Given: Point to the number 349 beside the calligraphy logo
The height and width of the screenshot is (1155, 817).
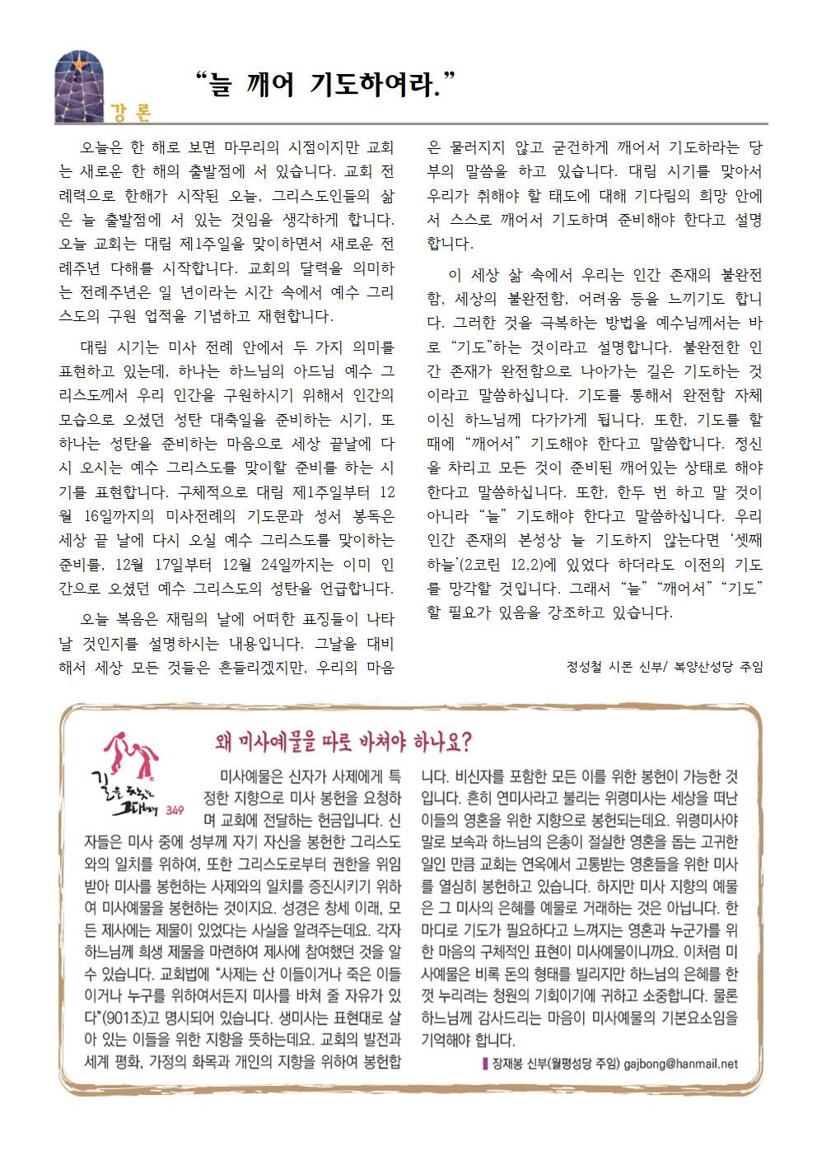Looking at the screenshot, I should [x=174, y=810].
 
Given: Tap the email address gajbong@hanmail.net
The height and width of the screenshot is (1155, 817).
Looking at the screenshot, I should [x=681, y=1063].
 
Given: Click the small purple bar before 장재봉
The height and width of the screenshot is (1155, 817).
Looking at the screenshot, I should [x=485, y=1063].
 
